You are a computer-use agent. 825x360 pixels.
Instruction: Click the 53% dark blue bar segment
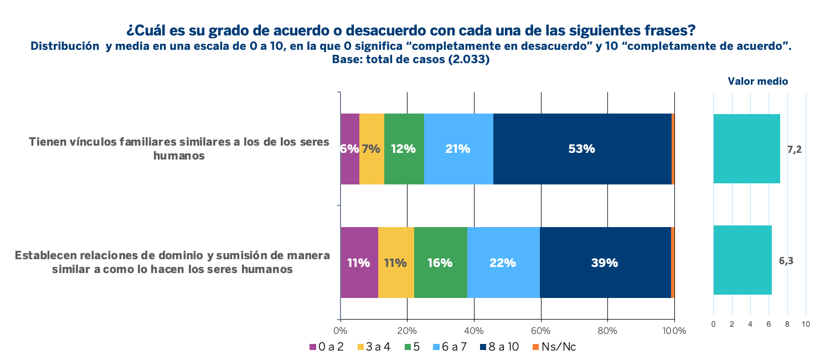582,148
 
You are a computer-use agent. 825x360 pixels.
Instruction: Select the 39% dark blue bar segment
605,263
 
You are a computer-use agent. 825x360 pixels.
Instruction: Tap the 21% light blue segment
458,148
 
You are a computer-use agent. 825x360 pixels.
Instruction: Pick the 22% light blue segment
503,263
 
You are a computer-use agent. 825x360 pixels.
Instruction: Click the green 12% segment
404,148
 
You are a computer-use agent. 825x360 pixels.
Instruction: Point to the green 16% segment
440,263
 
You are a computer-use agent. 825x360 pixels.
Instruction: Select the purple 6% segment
349,148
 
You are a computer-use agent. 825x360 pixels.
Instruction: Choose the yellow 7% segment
372,148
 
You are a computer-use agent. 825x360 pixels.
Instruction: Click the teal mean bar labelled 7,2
746,148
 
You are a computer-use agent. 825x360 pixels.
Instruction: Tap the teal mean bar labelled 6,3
742,260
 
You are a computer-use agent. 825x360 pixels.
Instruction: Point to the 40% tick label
474,331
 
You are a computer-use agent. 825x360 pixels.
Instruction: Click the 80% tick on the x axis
607,331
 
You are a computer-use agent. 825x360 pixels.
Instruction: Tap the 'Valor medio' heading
757,81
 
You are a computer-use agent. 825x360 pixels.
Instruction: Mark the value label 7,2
794,150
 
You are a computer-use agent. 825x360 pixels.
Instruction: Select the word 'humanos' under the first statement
179,156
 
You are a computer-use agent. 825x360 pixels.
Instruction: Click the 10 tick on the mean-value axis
806,324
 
